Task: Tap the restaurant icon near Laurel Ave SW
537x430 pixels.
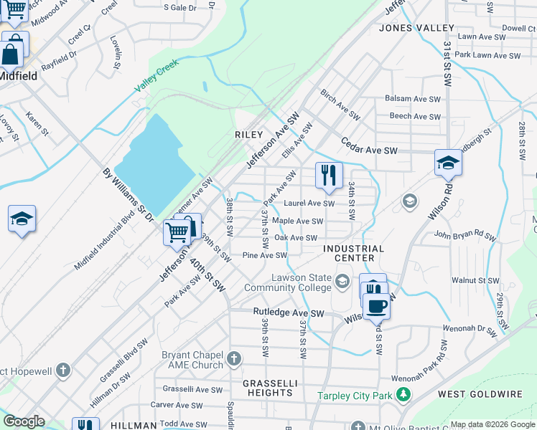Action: click(x=329, y=176)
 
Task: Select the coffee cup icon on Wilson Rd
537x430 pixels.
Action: click(x=376, y=306)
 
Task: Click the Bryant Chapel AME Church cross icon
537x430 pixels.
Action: click(x=234, y=358)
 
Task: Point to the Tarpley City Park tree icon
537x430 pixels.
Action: click(x=403, y=395)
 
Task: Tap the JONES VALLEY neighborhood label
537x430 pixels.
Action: click(x=416, y=28)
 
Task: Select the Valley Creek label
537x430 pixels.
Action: click(x=157, y=77)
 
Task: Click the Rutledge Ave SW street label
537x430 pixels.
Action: click(x=289, y=313)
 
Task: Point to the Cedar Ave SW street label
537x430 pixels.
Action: click(x=369, y=146)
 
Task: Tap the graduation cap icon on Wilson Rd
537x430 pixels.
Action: click(x=448, y=163)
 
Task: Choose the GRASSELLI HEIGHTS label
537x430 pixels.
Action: click(x=268, y=388)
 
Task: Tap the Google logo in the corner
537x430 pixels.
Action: click(x=24, y=421)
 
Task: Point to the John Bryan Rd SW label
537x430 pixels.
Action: click(x=464, y=234)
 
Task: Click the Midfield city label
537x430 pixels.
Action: click(x=18, y=75)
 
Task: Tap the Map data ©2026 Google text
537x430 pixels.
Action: click(x=492, y=424)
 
